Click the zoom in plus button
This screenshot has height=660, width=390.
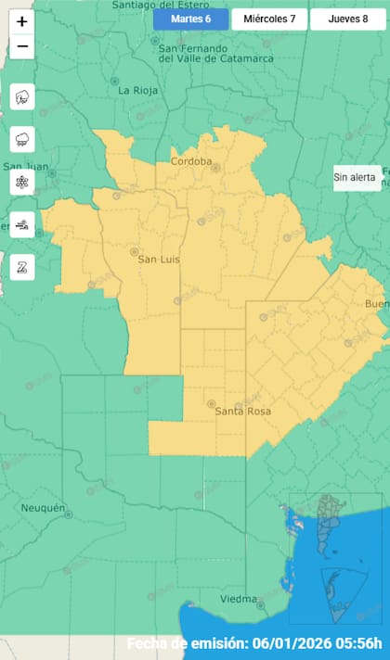[x=22, y=21]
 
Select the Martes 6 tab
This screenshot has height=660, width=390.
[x=190, y=19]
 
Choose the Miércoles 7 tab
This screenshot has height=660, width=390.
[x=269, y=19]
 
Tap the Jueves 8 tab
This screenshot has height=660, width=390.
[x=348, y=19]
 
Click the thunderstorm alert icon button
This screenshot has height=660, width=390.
[x=22, y=96]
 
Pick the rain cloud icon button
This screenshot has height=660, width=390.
[x=22, y=139]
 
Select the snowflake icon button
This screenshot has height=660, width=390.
[x=22, y=182]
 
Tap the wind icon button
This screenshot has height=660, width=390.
[x=22, y=224]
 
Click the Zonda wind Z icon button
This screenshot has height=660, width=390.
[x=22, y=267]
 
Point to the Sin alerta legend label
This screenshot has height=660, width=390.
[x=357, y=178]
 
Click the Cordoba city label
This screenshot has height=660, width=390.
[x=191, y=161]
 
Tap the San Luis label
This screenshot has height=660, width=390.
[x=158, y=260]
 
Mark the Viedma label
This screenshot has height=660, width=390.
[x=239, y=599]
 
